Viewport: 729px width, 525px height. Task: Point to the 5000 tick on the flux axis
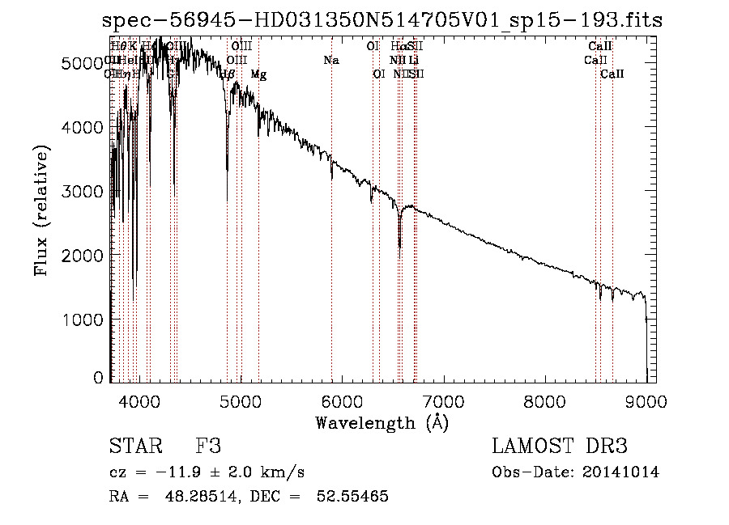click(x=84, y=63)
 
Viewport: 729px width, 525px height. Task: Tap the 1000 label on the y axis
click(x=84, y=320)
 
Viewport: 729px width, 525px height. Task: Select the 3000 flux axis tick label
click(x=84, y=192)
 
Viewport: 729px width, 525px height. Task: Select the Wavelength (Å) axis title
click(x=382, y=422)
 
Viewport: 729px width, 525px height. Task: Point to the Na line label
click(x=330, y=60)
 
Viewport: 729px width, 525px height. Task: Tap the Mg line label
click(x=258, y=74)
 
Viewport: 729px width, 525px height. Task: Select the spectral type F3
click(x=208, y=447)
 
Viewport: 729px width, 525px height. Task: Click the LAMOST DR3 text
click(x=560, y=447)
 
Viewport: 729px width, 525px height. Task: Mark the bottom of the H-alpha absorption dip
click(x=399, y=247)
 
